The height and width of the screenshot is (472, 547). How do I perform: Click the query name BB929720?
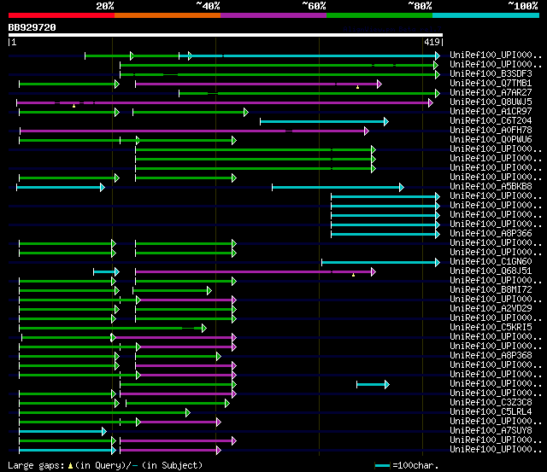[x=32, y=27]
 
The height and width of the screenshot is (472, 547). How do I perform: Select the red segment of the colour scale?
[x=61, y=15]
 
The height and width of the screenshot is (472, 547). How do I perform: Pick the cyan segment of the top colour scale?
[x=485, y=15]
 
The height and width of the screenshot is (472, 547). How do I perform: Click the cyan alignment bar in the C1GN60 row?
[x=379, y=262]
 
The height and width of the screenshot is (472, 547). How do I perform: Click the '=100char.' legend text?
[x=420, y=465]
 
